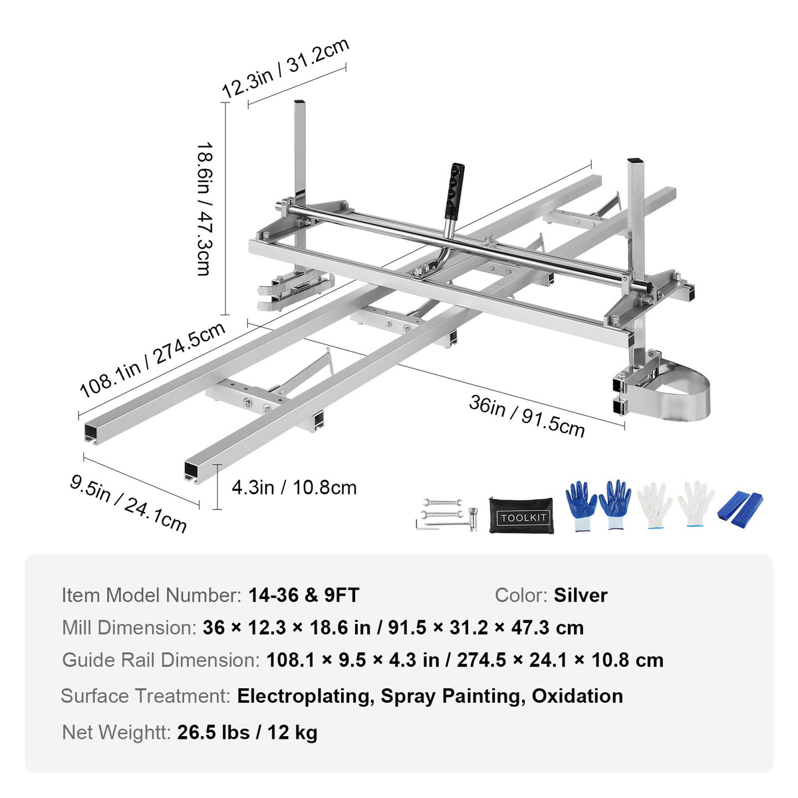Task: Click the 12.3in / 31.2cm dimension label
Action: point(285,68)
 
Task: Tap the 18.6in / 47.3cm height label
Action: point(203,209)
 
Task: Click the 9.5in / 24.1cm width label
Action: point(128,503)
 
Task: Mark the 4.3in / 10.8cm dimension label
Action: point(294,487)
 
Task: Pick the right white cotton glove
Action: point(696,505)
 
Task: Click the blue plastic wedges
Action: point(740,507)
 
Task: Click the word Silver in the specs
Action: point(581,595)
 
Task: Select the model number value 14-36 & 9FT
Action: point(304,595)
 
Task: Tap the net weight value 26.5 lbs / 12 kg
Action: point(247,733)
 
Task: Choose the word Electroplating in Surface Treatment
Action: point(303,696)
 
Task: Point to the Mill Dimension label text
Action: point(128,628)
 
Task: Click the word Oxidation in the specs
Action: point(577,696)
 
